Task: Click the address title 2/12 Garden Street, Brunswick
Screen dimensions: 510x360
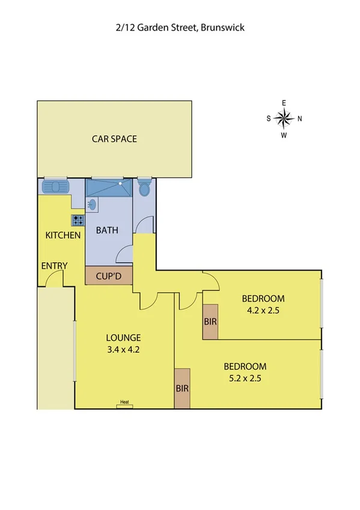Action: [180, 27]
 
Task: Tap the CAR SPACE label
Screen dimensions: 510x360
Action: [114, 139]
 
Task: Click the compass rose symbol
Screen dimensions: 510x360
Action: [284, 118]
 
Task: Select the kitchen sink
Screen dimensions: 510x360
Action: [55, 187]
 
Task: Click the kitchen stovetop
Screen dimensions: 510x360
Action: [78, 220]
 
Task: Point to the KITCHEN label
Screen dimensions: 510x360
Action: [63, 235]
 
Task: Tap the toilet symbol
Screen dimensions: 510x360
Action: [144, 188]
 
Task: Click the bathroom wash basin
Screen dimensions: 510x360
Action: [91, 204]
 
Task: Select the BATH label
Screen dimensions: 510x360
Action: [108, 230]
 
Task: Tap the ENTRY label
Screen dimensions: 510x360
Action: [54, 266]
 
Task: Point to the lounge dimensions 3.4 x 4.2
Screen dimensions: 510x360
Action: [124, 348]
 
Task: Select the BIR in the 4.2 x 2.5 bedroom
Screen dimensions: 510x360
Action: [210, 322]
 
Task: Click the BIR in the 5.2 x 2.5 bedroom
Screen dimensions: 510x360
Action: [182, 389]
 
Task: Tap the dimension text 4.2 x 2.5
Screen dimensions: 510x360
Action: [263, 312]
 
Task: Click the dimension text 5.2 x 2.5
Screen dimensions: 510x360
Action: [245, 378]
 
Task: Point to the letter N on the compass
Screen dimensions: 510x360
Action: [299, 118]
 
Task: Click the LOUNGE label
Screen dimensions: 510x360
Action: [124, 337]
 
